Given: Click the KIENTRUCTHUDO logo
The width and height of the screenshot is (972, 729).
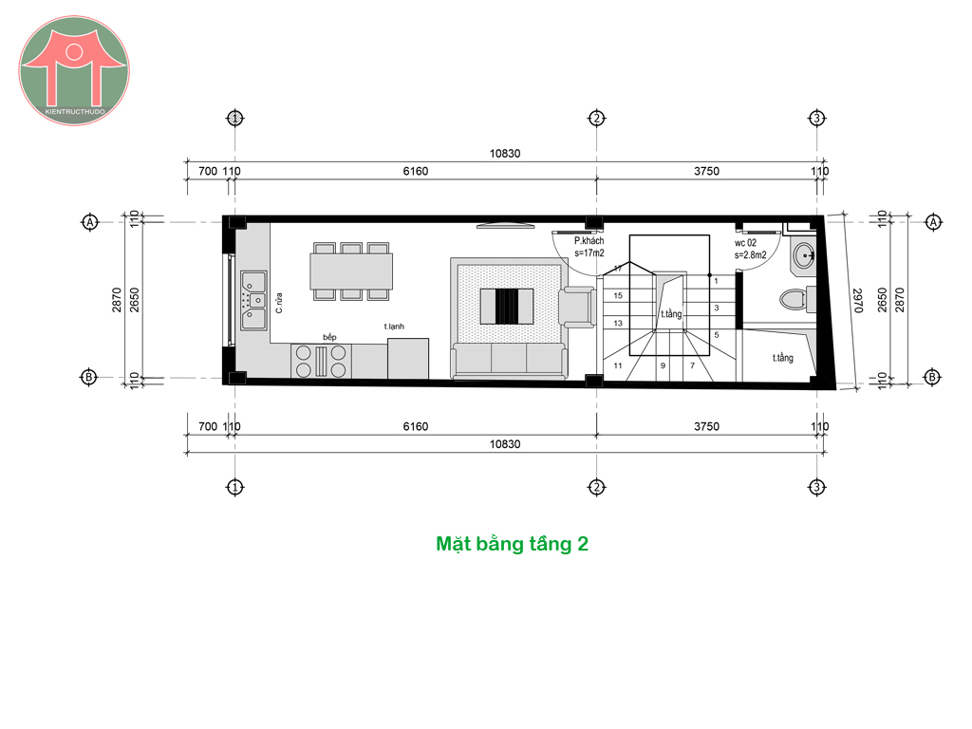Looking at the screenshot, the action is [74, 70].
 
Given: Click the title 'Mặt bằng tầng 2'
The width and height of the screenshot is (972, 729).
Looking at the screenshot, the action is [512, 544].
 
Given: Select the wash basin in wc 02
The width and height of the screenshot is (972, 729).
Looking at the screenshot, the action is [804, 255].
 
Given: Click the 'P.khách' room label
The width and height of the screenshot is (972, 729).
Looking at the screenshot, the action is [589, 240].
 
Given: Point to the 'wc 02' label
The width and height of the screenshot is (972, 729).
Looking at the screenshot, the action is [745, 243].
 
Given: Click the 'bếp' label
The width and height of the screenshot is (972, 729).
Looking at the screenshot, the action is [329, 337].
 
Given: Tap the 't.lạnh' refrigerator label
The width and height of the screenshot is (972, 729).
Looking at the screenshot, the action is [394, 327].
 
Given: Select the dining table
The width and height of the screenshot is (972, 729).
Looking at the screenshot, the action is [351, 271].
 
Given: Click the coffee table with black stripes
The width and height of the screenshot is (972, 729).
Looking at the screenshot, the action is [507, 307].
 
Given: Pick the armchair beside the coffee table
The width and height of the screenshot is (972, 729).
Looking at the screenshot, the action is [577, 307].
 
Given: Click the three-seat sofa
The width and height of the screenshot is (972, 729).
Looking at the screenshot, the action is [509, 360].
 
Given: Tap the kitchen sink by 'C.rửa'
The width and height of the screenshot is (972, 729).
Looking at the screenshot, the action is [253, 301].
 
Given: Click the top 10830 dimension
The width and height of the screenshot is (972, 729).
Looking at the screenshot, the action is [505, 153].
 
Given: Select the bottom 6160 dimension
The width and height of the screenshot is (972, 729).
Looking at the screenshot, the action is [416, 426].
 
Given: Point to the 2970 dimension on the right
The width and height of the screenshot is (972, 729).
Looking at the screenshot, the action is [858, 301].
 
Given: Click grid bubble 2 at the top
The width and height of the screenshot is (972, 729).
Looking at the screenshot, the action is [596, 118].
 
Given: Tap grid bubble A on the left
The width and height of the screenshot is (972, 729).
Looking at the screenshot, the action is [90, 221].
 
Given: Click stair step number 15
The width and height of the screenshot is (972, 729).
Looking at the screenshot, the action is [618, 296].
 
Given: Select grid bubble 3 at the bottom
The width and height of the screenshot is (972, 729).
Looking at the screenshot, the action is [816, 487].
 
